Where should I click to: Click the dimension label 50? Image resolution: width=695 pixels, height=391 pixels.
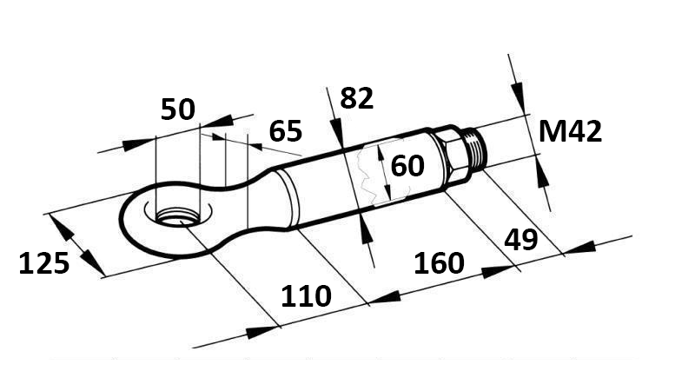coord(178,110)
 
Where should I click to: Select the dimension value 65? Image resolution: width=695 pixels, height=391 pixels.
coord(285,131)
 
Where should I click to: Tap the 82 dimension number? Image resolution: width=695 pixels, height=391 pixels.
coord(356,98)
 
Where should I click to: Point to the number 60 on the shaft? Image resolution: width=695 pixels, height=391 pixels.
coord(407,165)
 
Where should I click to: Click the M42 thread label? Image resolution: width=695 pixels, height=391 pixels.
coord(570,132)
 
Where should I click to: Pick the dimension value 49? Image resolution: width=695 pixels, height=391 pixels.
coord(521,239)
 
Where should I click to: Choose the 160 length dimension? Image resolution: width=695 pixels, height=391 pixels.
coord(440,262)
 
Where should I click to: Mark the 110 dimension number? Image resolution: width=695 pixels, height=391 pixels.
coord(306,296)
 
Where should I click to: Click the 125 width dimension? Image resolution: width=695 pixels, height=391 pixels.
coord(43,262)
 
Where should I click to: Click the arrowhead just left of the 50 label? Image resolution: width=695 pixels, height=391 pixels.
coord(139,143)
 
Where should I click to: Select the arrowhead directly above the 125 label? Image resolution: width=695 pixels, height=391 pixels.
coord(61,227)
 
